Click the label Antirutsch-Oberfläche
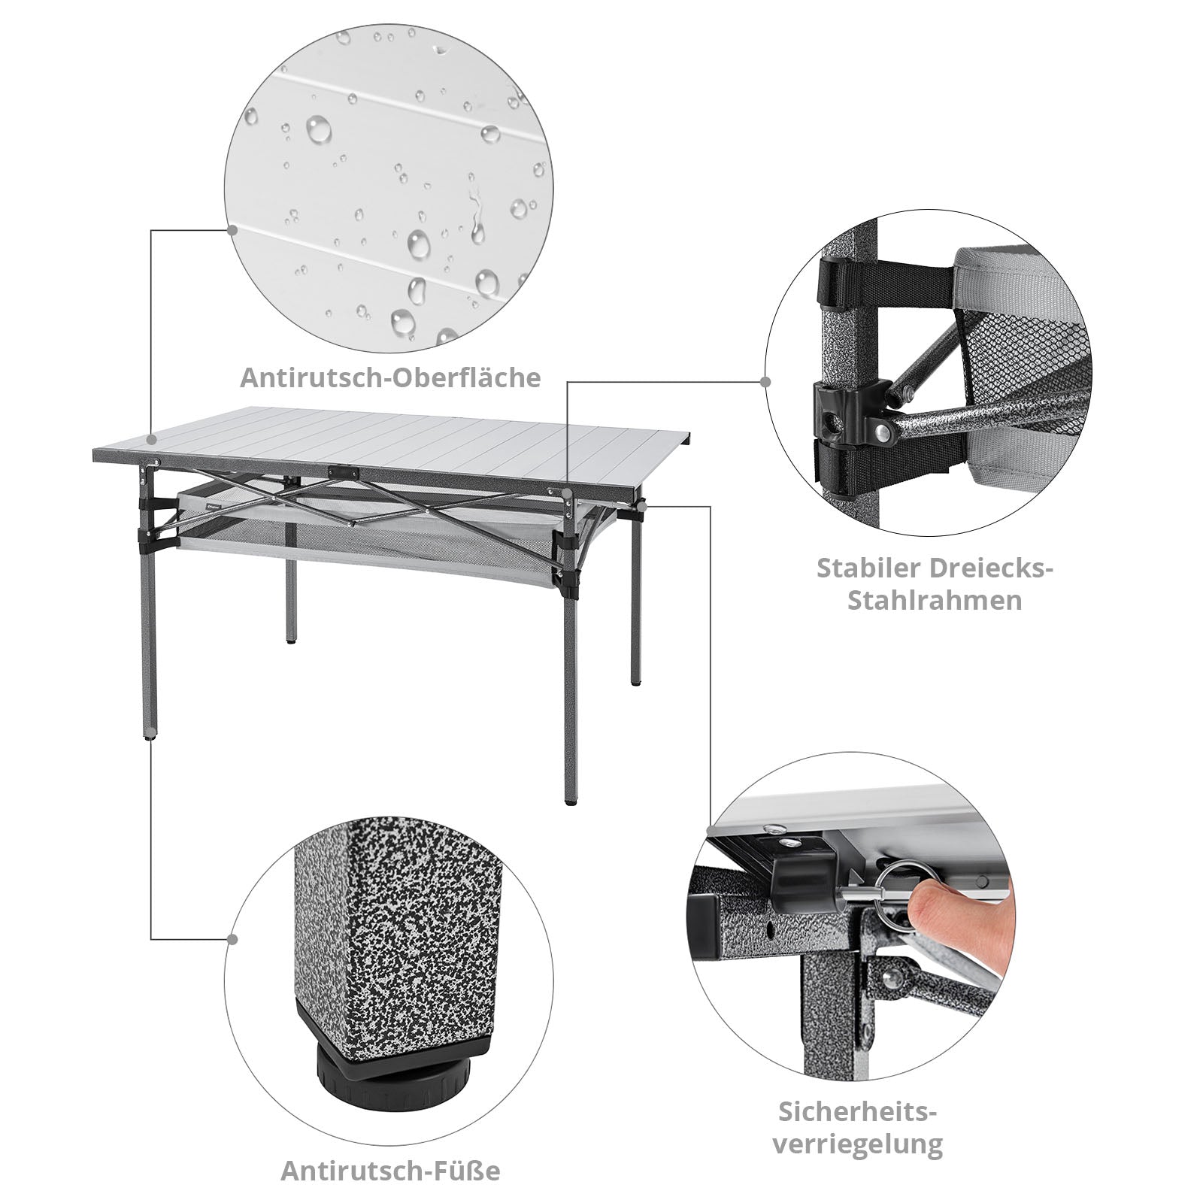point(390,378)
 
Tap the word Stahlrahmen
point(935,601)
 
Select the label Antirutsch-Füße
point(390,1171)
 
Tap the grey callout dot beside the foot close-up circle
point(232,939)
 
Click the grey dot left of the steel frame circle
point(765,381)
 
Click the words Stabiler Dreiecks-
point(935,567)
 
